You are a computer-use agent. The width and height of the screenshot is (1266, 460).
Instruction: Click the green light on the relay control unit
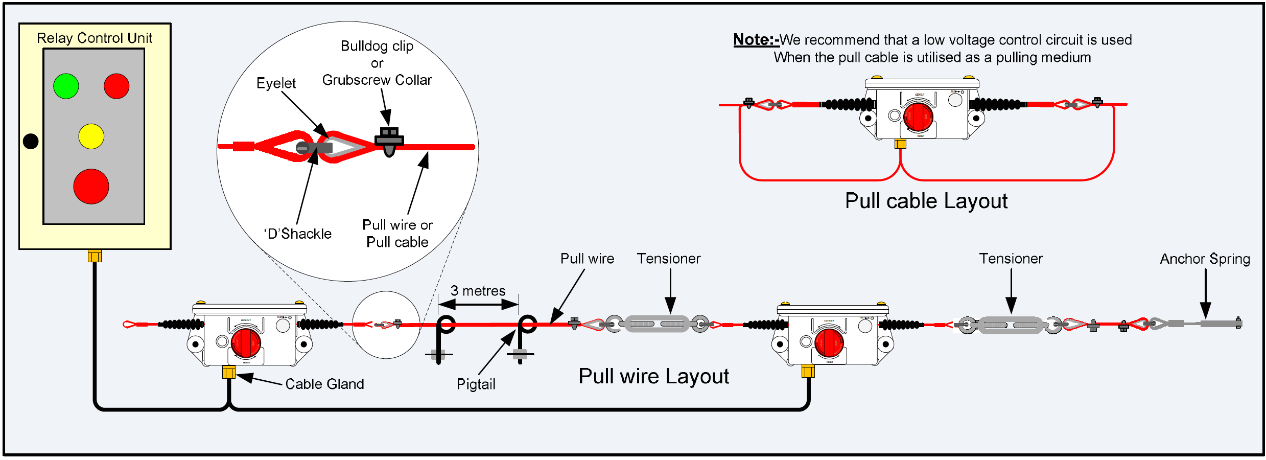66,86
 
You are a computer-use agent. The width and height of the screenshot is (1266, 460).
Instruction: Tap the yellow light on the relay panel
91,136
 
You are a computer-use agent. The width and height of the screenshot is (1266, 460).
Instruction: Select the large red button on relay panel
91,187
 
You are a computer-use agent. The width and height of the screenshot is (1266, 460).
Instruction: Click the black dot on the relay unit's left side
31,141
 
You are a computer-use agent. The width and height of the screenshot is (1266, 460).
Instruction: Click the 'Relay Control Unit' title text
95,38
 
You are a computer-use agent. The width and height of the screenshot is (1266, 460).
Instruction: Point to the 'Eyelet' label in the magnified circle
276,83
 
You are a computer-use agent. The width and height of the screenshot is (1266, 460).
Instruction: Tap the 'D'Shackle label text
298,234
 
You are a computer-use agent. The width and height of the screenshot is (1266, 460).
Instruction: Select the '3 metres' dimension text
478,291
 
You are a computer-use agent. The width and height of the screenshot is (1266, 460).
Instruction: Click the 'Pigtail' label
476,384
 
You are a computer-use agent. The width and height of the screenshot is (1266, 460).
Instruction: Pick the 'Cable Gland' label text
324,384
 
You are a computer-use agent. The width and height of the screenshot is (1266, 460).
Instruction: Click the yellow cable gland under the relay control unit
95,256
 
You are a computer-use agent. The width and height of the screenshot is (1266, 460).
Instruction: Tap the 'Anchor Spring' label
1205,259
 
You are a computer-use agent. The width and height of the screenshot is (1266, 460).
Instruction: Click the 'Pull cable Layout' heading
926,201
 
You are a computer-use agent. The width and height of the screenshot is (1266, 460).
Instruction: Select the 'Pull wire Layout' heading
653,376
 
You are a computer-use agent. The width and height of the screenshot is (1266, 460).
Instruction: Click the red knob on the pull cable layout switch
918,117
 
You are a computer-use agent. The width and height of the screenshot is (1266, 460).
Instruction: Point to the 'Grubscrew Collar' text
377,80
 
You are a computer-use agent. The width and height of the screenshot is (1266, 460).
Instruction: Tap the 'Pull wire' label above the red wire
587,259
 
